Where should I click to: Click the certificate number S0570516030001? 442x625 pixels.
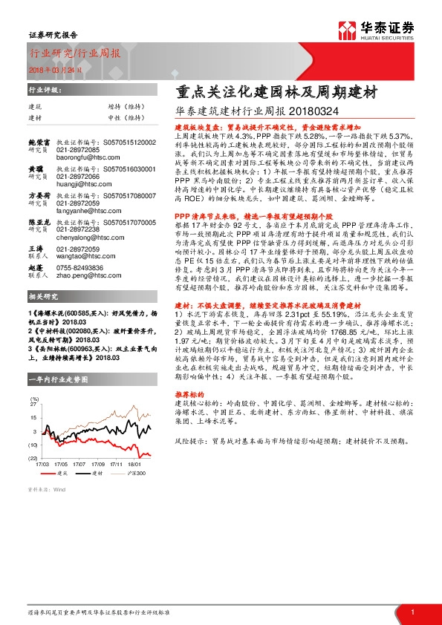coord(127,169)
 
